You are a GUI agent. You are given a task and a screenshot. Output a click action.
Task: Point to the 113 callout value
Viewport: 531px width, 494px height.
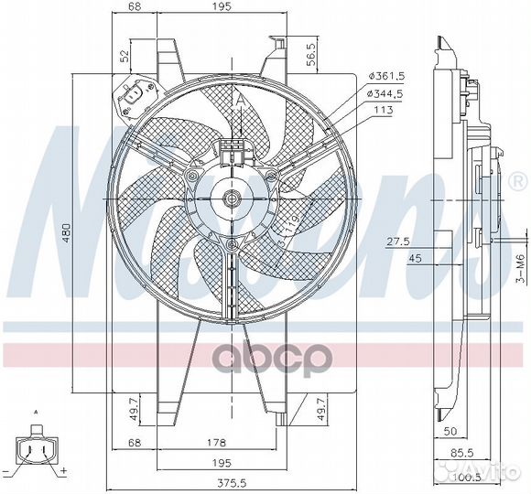[382, 110]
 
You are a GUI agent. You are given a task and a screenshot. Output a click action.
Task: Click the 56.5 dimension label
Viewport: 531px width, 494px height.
[311, 54]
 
